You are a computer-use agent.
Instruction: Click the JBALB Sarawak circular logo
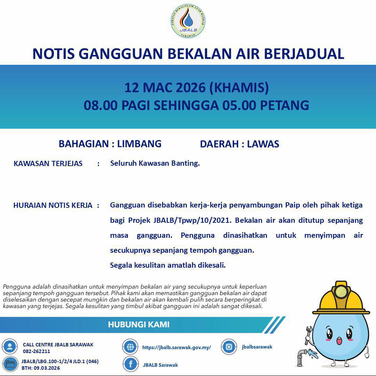(188, 21)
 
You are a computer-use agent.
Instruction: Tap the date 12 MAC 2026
(165, 88)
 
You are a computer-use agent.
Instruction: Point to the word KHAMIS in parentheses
(239, 88)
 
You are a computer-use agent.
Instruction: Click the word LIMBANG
(139, 144)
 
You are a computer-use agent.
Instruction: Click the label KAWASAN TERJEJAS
(48, 164)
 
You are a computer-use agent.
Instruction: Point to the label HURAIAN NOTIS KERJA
(53, 205)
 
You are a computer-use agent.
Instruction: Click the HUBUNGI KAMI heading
(139, 325)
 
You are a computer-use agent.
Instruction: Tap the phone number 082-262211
(37, 351)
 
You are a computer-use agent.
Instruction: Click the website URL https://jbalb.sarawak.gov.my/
(177, 347)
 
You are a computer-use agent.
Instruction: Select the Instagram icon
(229, 347)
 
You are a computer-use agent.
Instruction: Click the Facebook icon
(131, 364)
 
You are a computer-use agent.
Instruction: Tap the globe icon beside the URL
(130, 347)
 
